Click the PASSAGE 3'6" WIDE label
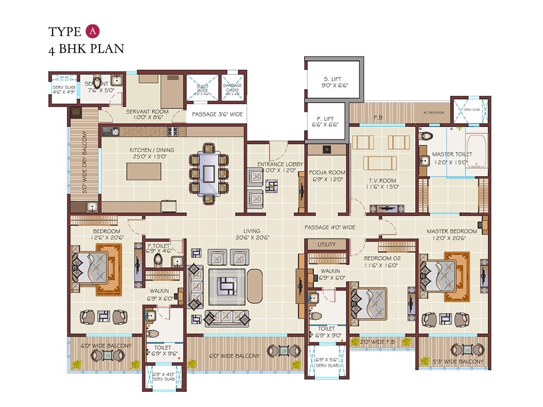click(x=216, y=115)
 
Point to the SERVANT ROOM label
click(x=147, y=112)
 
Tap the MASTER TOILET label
click(x=452, y=154)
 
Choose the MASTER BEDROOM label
click(x=452, y=231)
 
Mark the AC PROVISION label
click(x=433, y=113)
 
